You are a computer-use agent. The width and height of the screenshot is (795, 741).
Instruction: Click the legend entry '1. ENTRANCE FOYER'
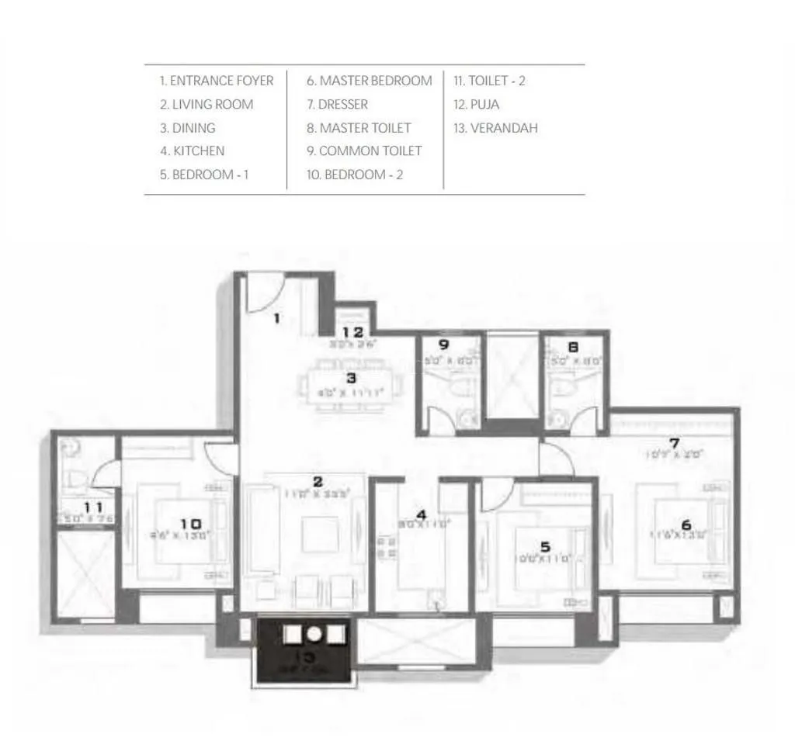(x=217, y=81)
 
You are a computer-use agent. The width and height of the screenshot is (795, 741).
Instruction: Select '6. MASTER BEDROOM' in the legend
(x=370, y=81)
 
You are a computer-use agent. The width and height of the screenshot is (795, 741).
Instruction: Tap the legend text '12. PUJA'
(x=477, y=104)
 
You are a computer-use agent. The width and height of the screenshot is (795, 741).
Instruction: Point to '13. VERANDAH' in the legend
(x=495, y=128)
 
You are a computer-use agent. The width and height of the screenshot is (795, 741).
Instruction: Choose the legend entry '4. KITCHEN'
(x=193, y=151)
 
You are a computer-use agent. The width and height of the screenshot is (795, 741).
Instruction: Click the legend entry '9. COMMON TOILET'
(x=364, y=151)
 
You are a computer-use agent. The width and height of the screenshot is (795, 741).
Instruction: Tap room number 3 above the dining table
(x=351, y=378)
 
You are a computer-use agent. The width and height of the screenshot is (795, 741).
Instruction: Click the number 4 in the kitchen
(x=421, y=514)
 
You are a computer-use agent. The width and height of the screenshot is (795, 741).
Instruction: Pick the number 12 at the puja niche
(x=353, y=332)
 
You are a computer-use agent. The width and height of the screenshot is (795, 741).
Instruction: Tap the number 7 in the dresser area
(x=674, y=444)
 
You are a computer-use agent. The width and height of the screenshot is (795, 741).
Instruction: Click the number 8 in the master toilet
(x=573, y=348)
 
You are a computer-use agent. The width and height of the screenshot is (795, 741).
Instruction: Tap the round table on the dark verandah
(x=313, y=633)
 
